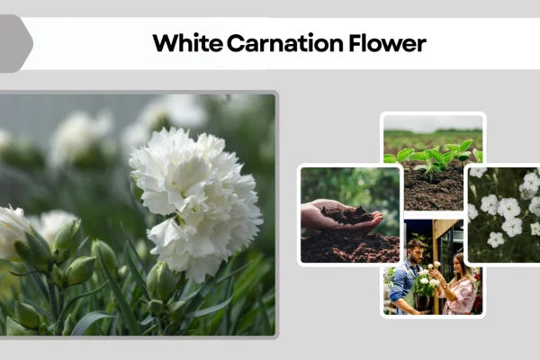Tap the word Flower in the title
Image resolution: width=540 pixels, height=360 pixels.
click(382, 43)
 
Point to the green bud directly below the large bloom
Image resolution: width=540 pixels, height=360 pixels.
click(162, 281)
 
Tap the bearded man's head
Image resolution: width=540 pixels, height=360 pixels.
click(415, 247)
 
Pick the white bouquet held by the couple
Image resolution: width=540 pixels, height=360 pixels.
click(426, 283)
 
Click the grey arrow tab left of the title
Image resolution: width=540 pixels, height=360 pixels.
click(15, 43)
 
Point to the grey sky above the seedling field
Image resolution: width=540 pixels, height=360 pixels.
click(432, 122)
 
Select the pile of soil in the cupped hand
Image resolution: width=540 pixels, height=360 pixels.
click(346, 214)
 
